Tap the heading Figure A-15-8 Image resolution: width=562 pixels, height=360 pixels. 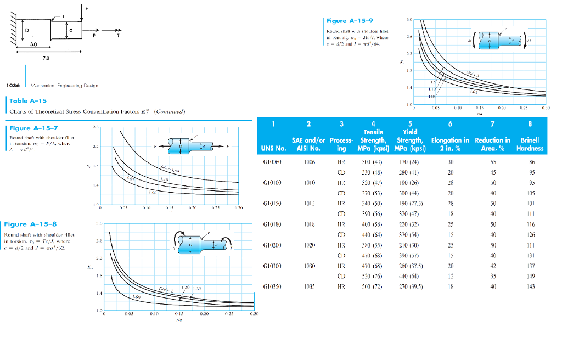click(x=30, y=224)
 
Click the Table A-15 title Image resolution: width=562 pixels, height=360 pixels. click(x=27, y=100)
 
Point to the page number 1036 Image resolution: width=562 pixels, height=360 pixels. click(x=13, y=85)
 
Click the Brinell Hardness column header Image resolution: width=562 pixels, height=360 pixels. click(x=530, y=144)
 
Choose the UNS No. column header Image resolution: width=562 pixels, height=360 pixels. click(x=274, y=148)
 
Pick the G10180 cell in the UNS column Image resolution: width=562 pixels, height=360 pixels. click(x=272, y=224)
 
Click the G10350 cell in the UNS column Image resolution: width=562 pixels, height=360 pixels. click(x=272, y=286)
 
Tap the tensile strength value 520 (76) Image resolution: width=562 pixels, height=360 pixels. click(x=372, y=276)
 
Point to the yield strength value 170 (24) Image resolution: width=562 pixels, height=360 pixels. click(x=409, y=162)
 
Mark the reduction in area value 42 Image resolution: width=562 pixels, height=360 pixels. click(x=492, y=266)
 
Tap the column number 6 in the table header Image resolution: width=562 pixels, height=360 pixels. click(x=450, y=124)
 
